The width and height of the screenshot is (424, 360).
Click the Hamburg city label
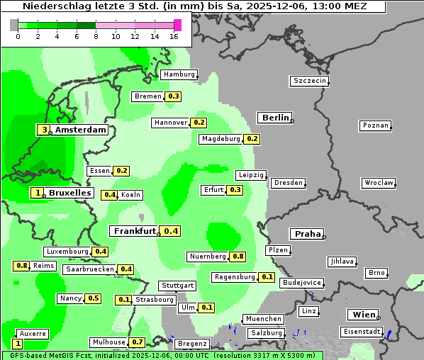[x=179, y=74]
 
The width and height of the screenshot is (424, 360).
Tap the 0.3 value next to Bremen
[x=173, y=96]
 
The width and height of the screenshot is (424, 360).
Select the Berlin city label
[x=275, y=118]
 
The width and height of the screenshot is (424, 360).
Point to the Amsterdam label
[x=81, y=130]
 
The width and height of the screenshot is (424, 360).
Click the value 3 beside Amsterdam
[x=44, y=130]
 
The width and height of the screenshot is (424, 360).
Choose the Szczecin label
[x=309, y=81]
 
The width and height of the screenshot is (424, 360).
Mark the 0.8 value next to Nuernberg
[x=238, y=257]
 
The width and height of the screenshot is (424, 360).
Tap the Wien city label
[x=363, y=315]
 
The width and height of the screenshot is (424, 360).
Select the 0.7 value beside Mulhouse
[x=138, y=342]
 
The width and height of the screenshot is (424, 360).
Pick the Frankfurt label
[x=135, y=231]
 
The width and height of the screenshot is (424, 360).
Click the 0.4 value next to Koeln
[x=110, y=195]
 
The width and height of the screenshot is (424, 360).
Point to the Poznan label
[x=375, y=125]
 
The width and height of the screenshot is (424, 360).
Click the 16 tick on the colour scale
[x=174, y=36]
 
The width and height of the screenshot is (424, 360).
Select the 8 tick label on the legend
[x=96, y=36]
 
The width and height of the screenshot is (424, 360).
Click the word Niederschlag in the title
[x=53, y=6]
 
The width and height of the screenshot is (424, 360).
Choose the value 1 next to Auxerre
[x=17, y=343]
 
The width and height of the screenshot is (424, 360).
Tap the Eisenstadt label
[x=362, y=332]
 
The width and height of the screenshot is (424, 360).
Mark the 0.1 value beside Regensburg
[x=267, y=277]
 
